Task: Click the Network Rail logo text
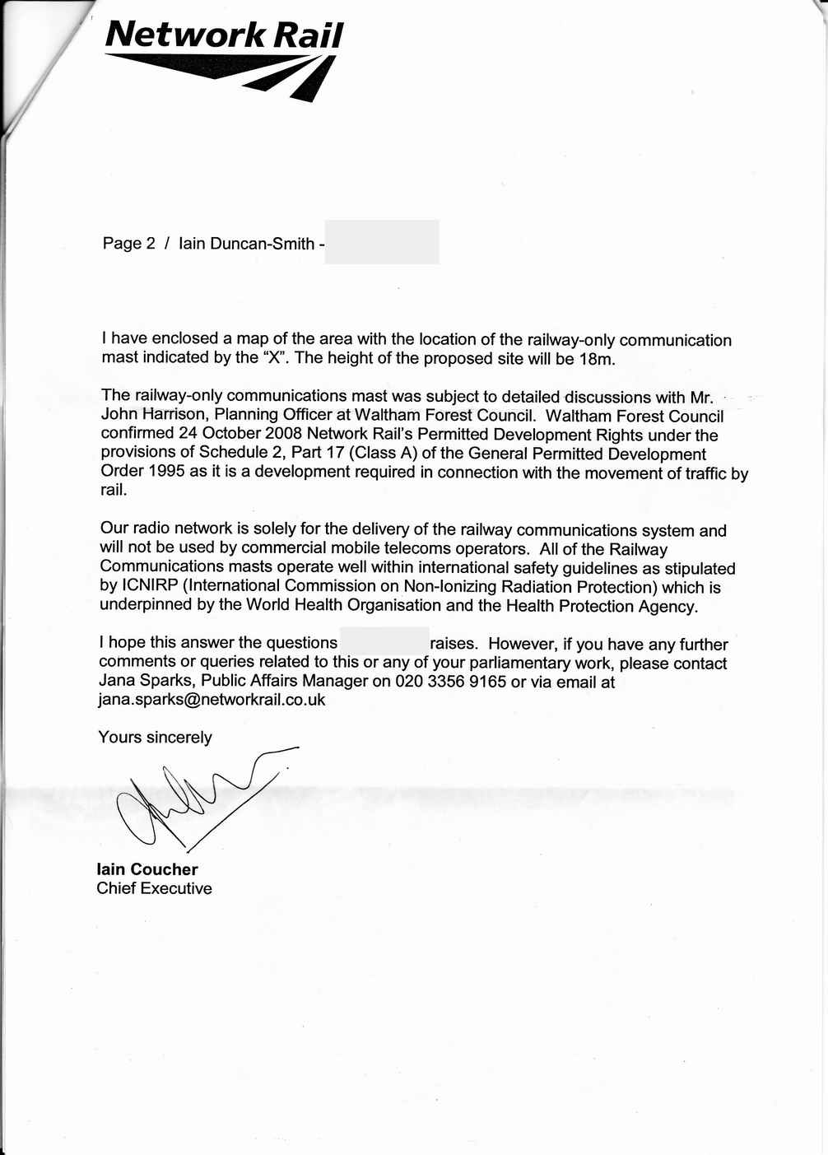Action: tap(223, 35)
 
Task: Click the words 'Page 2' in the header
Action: tap(128, 244)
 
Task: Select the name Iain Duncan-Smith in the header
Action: tap(246, 244)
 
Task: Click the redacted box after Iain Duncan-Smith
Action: tap(382, 242)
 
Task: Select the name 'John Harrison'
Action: tap(152, 415)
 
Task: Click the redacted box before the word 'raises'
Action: tap(384, 641)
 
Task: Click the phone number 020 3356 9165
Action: tap(450, 682)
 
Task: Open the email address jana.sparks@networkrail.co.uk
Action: tap(212, 700)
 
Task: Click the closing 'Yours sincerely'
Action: tap(155, 737)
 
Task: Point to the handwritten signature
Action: tap(198, 799)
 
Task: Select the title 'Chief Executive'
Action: tap(154, 888)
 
